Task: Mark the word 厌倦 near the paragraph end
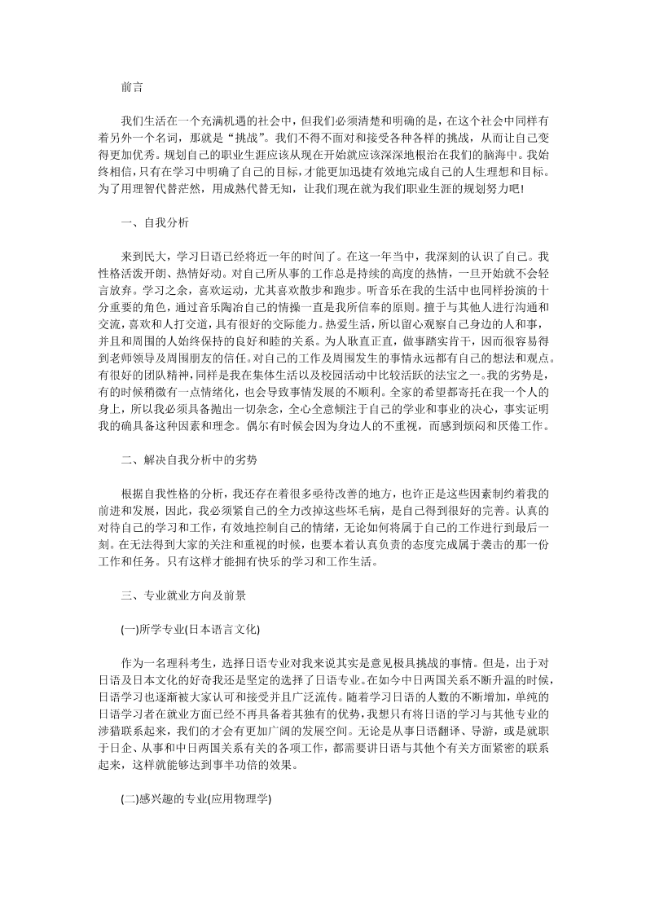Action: click(511, 427)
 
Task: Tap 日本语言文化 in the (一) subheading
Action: click(222, 630)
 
